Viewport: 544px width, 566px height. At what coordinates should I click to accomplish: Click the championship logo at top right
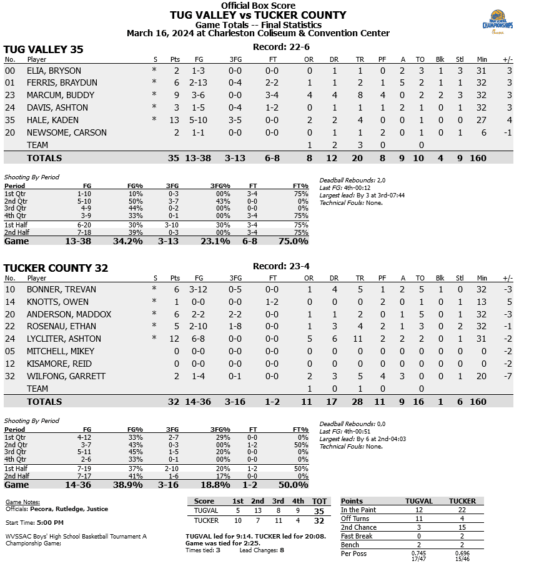pyautogui.click(x=497, y=23)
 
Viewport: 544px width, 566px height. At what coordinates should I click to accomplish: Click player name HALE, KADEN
pyautogui.click(x=52, y=120)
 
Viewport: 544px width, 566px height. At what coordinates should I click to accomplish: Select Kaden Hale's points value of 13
pyautogui.click(x=174, y=120)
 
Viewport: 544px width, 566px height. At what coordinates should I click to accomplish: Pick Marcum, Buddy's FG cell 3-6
pyautogui.click(x=198, y=95)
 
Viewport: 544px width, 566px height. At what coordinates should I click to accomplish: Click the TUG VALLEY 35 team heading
pyautogui.click(x=44, y=49)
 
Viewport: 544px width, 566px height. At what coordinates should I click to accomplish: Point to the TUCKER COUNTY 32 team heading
pyautogui.click(x=56, y=268)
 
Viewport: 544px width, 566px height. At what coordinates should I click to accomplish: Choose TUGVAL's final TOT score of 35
pyautogui.click(x=319, y=510)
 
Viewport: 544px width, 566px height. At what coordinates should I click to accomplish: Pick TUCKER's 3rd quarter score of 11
pyautogui.click(x=278, y=520)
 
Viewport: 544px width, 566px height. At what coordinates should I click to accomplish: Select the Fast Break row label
pyautogui.click(x=357, y=536)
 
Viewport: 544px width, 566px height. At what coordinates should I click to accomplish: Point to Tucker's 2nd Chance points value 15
pyautogui.click(x=463, y=527)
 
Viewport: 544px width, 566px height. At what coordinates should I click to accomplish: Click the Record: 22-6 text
pyautogui.click(x=281, y=47)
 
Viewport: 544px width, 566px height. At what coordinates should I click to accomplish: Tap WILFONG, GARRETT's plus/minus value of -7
pyautogui.click(x=508, y=376)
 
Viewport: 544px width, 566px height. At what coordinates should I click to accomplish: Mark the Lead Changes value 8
pyautogui.click(x=282, y=550)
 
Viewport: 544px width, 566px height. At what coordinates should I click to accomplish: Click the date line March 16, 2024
pyautogui.click(x=257, y=33)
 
